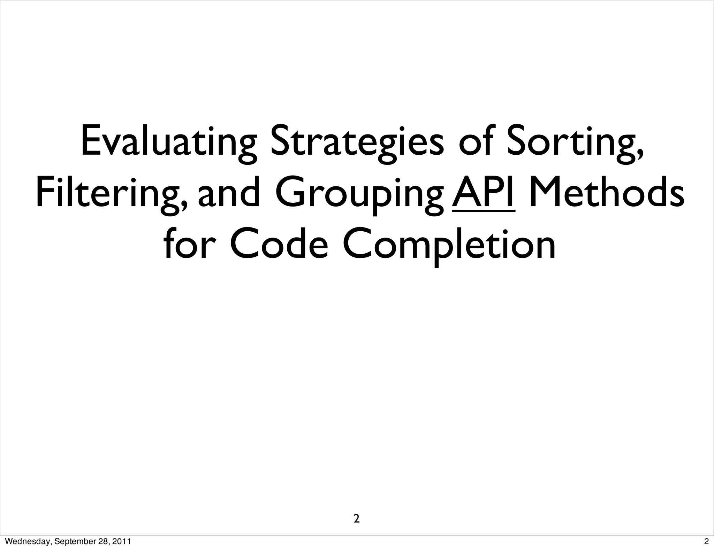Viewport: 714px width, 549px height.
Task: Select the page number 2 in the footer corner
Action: pyautogui.click(x=706, y=542)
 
